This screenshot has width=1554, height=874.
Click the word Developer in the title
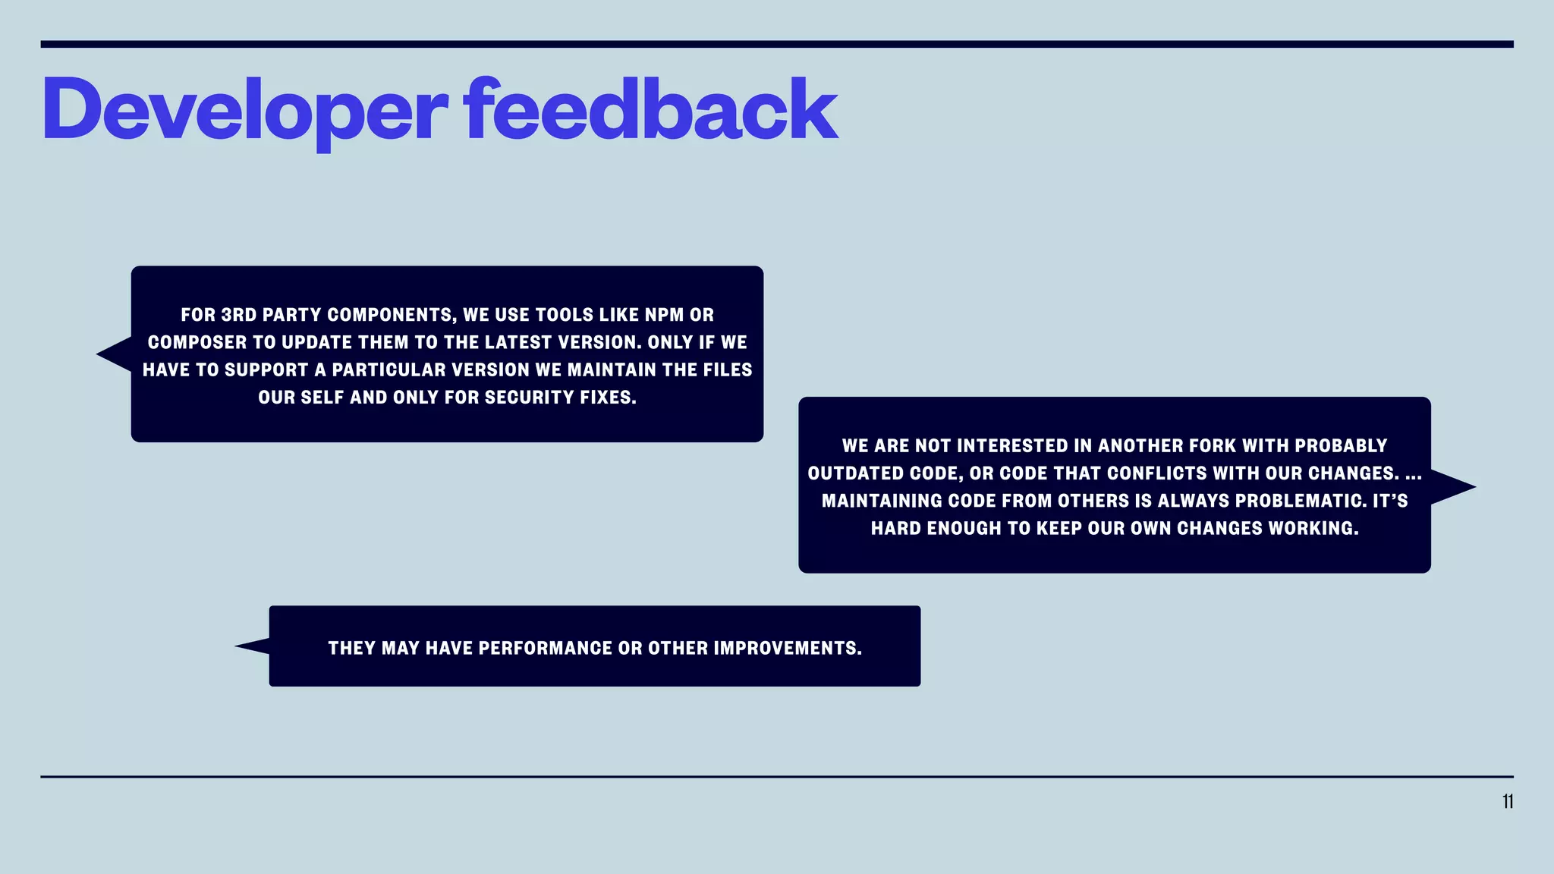[244, 111]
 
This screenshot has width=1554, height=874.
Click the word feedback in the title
[651, 109]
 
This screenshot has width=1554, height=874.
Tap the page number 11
[1507, 802]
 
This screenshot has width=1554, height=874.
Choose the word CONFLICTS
[1156, 473]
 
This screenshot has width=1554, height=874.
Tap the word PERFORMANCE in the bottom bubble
[545, 649]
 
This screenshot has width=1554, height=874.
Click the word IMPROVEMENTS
[787, 649]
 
